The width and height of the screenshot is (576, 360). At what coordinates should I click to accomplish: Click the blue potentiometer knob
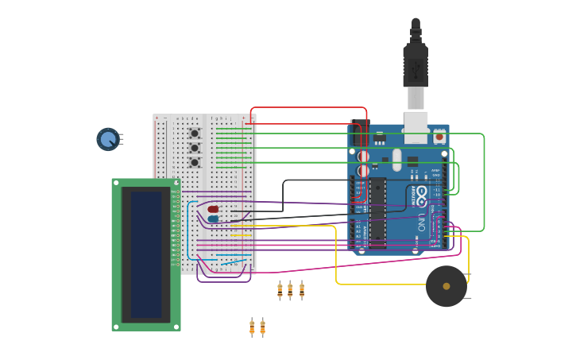click(x=108, y=139)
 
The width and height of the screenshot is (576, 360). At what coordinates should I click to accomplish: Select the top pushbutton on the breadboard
click(x=194, y=134)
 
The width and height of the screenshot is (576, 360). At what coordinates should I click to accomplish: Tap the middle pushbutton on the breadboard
click(x=194, y=148)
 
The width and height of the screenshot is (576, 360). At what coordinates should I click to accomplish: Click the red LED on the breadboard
click(x=213, y=209)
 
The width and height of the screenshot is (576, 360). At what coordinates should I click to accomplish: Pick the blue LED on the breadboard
click(x=213, y=219)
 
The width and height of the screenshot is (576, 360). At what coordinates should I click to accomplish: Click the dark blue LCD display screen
click(x=146, y=254)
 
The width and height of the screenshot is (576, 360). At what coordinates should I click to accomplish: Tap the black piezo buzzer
click(x=446, y=286)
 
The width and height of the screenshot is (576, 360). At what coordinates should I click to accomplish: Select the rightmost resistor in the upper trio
click(x=302, y=291)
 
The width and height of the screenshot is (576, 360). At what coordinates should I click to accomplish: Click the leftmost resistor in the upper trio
click(x=280, y=291)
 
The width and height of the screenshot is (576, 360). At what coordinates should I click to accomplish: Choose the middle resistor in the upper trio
click(x=290, y=291)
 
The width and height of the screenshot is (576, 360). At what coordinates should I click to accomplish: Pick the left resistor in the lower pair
click(x=252, y=327)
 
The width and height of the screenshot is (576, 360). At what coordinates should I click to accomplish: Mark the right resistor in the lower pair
click(x=262, y=327)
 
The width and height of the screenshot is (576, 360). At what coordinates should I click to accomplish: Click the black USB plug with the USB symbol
click(x=416, y=68)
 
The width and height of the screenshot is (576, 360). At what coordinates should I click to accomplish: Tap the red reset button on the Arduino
click(x=439, y=136)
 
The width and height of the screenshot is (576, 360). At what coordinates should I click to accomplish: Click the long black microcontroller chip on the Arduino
click(x=377, y=212)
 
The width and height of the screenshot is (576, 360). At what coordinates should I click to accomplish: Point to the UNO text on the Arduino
click(x=420, y=220)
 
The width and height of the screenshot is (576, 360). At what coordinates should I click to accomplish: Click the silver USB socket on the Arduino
click(x=416, y=127)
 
